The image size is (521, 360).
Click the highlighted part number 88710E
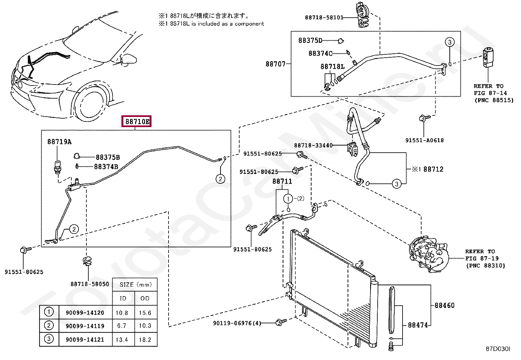[x=137, y=122]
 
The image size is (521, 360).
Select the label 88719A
[x=59, y=142]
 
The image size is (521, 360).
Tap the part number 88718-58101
[x=324, y=18]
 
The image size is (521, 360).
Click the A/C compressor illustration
[x=427, y=254]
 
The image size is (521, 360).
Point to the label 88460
[x=444, y=305]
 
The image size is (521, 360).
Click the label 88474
[x=418, y=325]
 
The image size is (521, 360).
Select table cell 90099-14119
[x=85, y=326]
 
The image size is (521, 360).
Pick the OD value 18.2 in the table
[x=145, y=340]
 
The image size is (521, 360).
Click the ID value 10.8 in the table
[x=122, y=313]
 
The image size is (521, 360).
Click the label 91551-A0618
[x=424, y=140]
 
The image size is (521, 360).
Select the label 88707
[x=276, y=64]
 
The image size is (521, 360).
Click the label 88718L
[x=332, y=67]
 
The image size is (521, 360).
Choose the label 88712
[x=433, y=169]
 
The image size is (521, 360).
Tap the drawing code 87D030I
[x=497, y=349]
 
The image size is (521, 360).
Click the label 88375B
[x=108, y=157]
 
